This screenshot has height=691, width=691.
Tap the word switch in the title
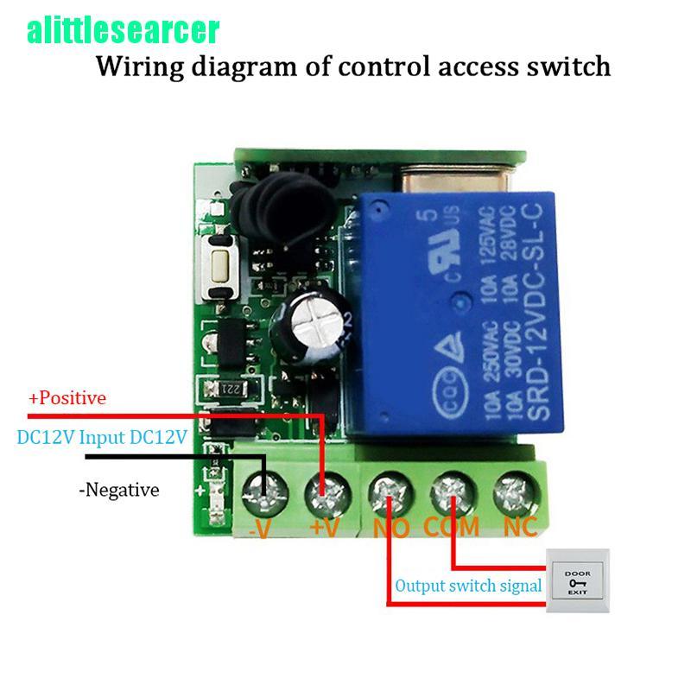click(567, 67)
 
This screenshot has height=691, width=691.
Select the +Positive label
click(67, 398)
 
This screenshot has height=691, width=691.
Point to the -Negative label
click(119, 491)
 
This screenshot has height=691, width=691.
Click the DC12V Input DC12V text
click(101, 438)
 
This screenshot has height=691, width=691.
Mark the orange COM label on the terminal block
click(450, 526)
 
